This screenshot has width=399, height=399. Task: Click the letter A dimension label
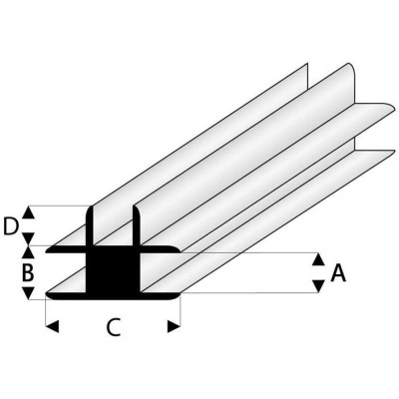point(337,272)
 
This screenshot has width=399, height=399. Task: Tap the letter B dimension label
point(29,271)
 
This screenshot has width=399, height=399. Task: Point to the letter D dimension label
point(11,225)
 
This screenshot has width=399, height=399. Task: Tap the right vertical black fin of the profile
point(134,227)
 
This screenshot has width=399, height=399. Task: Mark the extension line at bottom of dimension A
point(249,295)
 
